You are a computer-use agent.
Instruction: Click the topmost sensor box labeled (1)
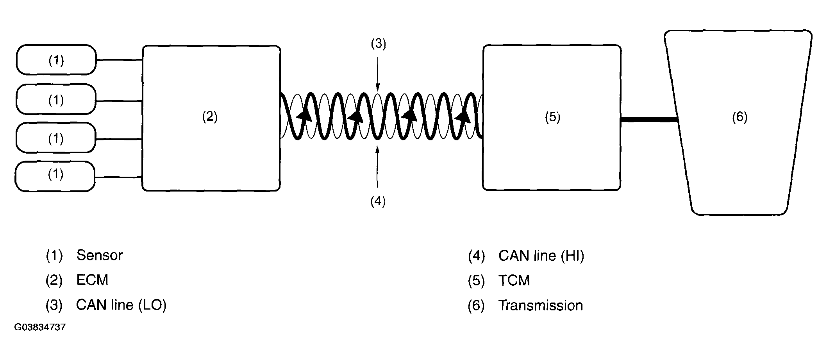56,60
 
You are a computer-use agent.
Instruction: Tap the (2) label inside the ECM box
210,116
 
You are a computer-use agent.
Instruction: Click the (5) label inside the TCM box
552,117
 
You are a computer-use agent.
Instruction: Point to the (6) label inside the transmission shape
739,117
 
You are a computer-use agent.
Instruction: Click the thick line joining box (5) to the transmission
648,119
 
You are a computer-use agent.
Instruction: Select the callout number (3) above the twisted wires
378,44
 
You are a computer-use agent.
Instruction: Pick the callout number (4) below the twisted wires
378,201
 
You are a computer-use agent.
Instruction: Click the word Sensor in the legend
100,255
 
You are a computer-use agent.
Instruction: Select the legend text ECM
92,280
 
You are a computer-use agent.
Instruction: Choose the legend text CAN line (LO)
121,305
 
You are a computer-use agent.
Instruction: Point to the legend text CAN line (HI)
541,256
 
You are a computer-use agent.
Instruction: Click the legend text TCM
514,281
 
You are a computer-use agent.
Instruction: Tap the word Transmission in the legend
541,305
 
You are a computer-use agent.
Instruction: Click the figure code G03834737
40,327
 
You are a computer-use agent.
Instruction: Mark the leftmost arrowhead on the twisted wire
304,115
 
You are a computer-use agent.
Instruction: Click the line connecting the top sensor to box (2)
119,60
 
